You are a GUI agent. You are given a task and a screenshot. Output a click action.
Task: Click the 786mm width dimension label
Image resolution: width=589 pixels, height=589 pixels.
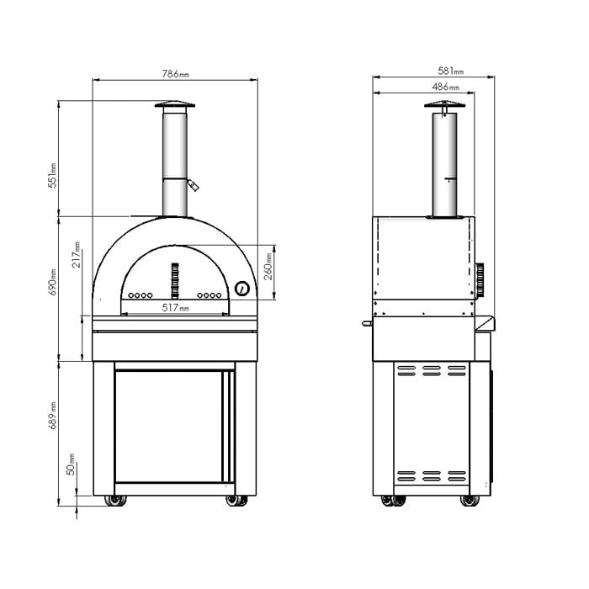tap(175, 75)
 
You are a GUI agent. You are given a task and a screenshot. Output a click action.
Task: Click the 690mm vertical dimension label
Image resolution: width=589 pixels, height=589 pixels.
tap(51, 283)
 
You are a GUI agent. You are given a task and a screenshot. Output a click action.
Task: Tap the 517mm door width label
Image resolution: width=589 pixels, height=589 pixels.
tap(175, 309)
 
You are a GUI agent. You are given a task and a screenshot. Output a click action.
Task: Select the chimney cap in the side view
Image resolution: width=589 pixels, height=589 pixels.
tap(445, 106)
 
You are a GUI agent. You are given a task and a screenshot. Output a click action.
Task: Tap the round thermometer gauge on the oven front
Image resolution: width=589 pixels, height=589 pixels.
tap(242, 288)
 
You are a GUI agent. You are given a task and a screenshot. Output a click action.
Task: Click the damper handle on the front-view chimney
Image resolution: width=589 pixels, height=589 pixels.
tap(195, 184)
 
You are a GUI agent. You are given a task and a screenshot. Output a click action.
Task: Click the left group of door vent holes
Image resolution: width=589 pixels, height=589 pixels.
tap(141, 295)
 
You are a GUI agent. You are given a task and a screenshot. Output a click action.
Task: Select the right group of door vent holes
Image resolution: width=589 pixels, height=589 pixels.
tap(209, 295)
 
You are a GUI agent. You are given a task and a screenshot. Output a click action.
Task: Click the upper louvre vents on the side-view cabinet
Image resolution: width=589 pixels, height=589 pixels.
tap(432, 369)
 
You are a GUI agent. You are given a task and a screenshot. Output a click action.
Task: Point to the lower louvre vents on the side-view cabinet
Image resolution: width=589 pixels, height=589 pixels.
tap(432, 475)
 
